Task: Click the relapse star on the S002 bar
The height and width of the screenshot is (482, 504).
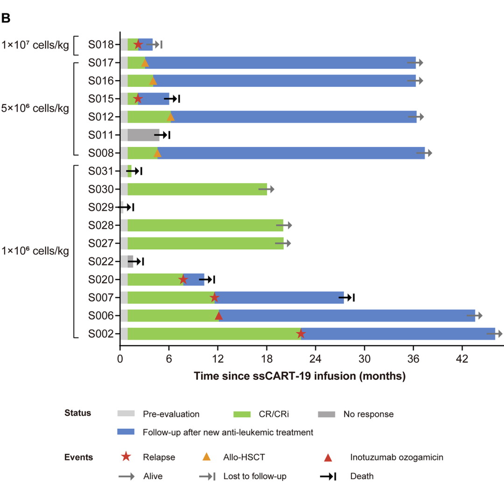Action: coord(301,334)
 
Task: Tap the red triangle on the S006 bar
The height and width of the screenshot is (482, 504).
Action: coord(218,316)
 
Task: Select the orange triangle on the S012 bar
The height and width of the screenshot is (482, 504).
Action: coord(171,117)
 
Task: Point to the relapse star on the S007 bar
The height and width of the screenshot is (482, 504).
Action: coord(214,298)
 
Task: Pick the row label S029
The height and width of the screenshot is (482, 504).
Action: coord(101,207)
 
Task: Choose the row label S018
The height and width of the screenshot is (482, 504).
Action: coord(101,45)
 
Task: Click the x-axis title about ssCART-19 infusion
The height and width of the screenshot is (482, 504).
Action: coord(300,376)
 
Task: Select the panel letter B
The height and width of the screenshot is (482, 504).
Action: coord(6,18)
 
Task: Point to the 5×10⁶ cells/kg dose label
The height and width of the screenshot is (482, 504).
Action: coord(35,108)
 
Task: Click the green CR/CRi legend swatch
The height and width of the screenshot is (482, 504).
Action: coord(242,414)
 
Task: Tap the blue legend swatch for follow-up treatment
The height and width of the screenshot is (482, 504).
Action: coord(126,432)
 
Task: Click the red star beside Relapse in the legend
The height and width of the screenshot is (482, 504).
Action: coord(126,457)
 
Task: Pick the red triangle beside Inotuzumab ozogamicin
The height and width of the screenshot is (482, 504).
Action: coord(328,457)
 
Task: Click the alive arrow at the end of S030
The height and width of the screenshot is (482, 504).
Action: coord(266,189)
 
